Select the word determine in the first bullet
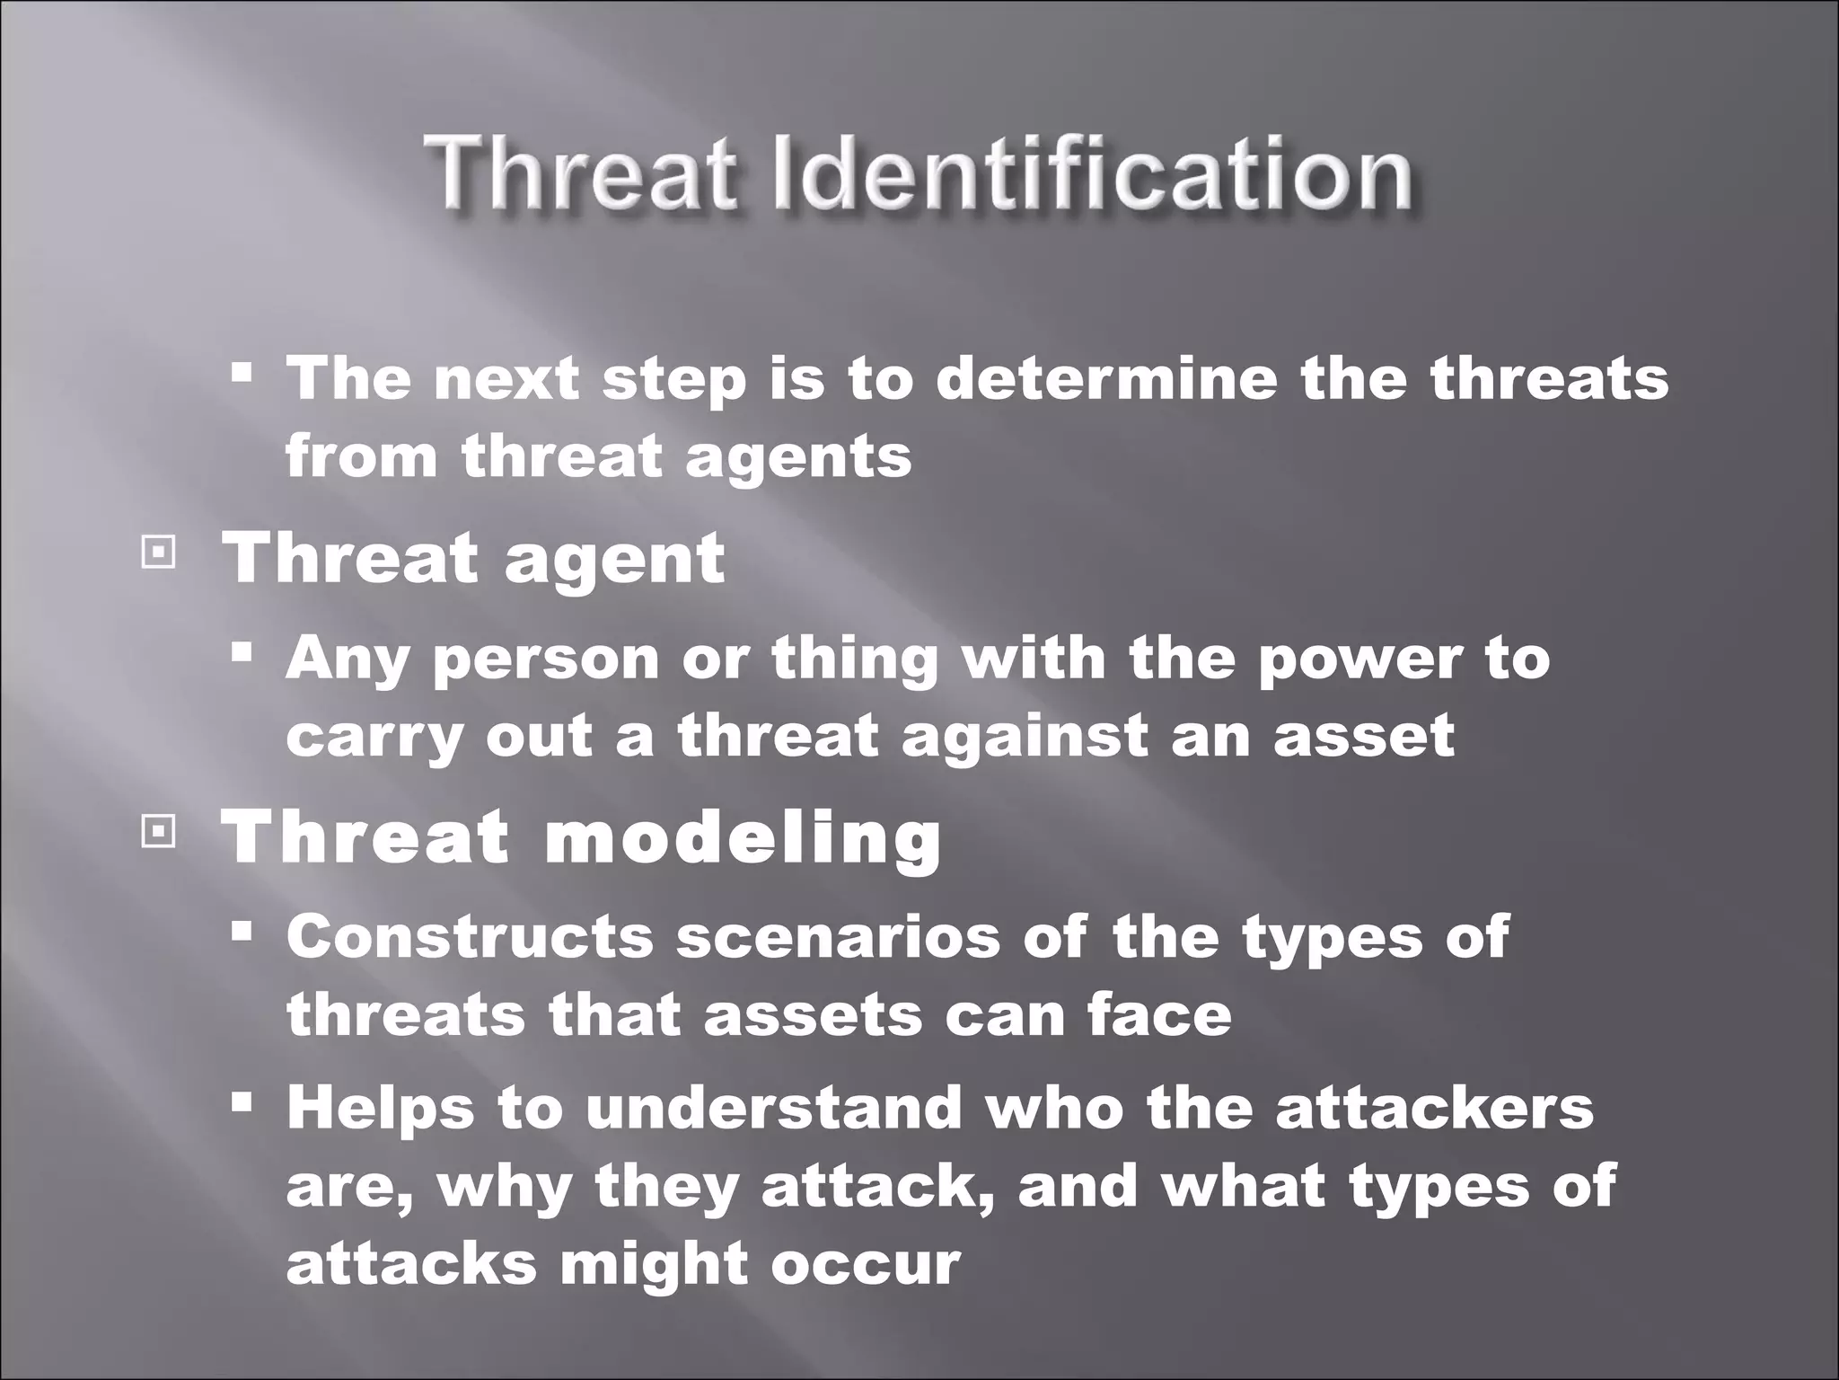click(1106, 378)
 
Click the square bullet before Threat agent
click(158, 555)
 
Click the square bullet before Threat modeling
click(158, 834)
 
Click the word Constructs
click(470, 937)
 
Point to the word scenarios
click(837, 937)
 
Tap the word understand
click(774, 1108)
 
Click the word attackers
click(1434, 1108)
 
